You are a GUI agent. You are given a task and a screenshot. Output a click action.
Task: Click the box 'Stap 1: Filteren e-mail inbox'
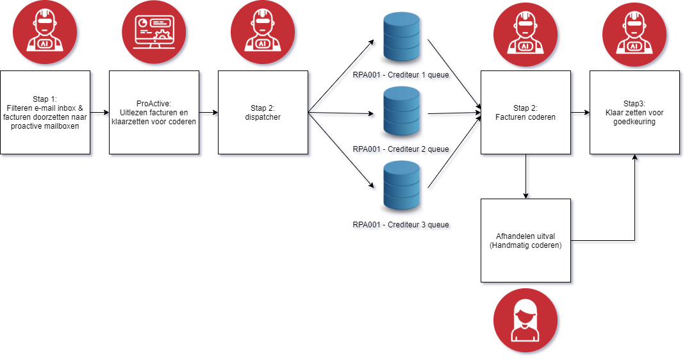point(45,112)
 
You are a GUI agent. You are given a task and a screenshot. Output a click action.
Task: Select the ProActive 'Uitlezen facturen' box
point(154,112)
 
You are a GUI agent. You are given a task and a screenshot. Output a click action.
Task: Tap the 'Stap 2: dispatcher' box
point(263,112)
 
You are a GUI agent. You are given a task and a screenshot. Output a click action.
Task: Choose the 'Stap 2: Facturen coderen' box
point(526,112)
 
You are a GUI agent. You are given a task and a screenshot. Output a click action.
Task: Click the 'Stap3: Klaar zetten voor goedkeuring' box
point(634,112)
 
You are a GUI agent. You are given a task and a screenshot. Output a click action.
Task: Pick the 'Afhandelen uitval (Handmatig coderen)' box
point(526,240)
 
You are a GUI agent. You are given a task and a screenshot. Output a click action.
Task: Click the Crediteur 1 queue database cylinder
point(401,38)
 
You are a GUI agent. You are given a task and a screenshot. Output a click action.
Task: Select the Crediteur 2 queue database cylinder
point(401,113)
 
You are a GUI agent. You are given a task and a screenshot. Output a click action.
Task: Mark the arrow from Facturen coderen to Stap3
point(580,115)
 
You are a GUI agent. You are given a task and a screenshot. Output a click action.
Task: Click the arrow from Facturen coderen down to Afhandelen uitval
point(527,176)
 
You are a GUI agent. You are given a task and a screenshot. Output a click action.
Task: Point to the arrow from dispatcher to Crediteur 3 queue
point(343,154)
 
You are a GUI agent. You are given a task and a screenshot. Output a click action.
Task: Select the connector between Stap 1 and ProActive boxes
point(99,115)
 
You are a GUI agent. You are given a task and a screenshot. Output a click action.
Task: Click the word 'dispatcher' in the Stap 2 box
point(263,117)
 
